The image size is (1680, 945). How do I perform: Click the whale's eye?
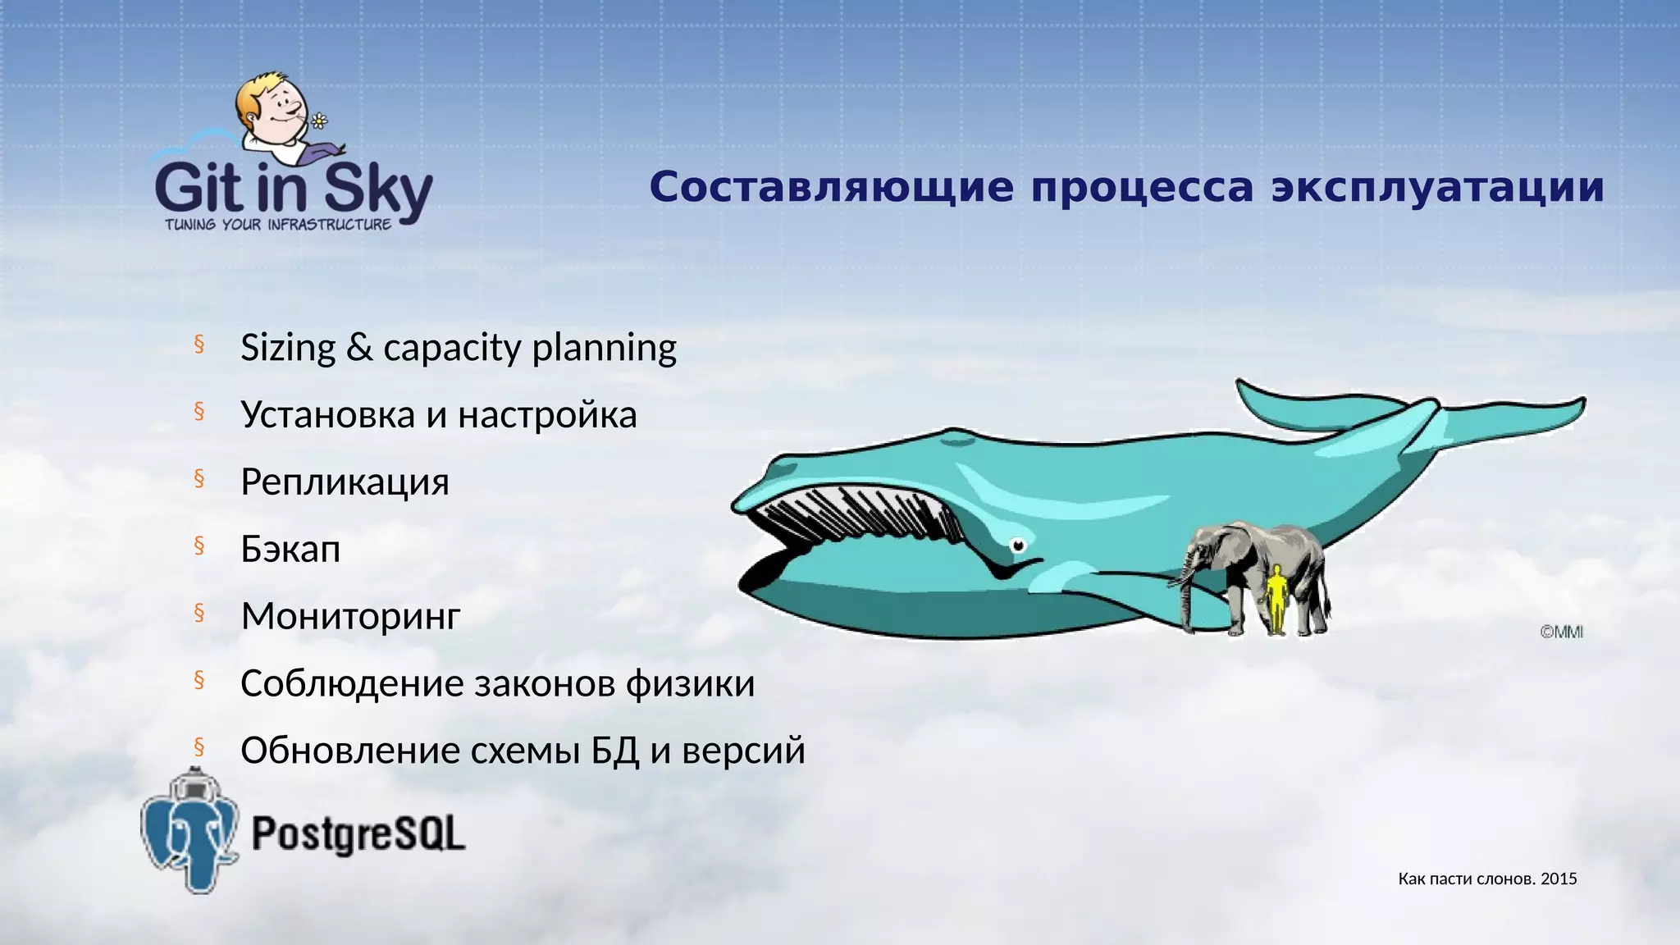pyautogui.click(x=1018, y=545)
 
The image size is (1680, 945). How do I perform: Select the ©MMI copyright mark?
pyautogui.click(x=1561, y=632)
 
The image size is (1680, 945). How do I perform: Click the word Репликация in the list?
pyautogui.click(x=345, y=482)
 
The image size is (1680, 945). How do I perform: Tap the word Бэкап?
pyautogui.click(x=290, y=550)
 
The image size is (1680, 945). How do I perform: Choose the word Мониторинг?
pyautogui.click(x=350, y=617)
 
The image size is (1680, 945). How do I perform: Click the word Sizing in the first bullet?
pyautogui.click(x=288, y=349)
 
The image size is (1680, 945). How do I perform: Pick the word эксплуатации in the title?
pyautogui.click(x=1437, y=187)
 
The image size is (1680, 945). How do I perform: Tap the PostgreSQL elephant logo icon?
pyautogui.click(x=189, y=833)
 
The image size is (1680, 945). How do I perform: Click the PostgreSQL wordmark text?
pyautogui.click(x=358, y=834)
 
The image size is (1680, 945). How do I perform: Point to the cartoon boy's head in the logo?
pyautogui.click(x=271, y=103)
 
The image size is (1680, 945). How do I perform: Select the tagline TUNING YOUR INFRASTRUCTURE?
pyautogui.click(x=278, y=225)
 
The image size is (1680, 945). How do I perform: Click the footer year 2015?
pyautogui.click(x=1559, y=879)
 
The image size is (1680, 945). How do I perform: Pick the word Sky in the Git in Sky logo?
pyautogui.click(x=377, y=190)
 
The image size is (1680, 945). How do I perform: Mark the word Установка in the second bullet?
pyautogui.click(x=327, y=415)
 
